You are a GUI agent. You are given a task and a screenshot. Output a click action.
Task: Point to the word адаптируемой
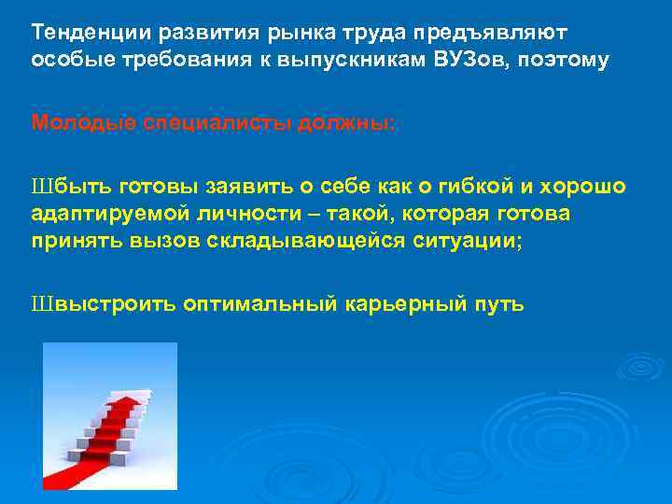pos(104,214)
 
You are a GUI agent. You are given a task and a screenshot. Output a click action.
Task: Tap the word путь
pos(500,304)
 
